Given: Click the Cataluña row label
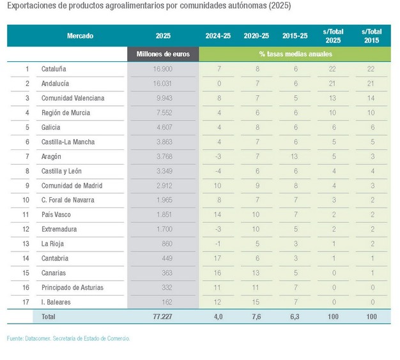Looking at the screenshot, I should click(x=54, y=69).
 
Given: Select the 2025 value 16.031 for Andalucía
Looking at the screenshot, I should click(x=163, y=84).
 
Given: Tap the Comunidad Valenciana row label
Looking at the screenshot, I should click(x=72, y=98).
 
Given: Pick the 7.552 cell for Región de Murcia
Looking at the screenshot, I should click(x=163, y=113).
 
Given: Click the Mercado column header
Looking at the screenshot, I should click(x=80, y=36).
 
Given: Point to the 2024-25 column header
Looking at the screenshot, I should click(x=218, y=36).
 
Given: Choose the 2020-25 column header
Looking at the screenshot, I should click(x=256, y=36).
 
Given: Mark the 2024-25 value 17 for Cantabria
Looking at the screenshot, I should click(x=218, y=259).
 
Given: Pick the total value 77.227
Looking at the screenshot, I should click(x=163, y=317).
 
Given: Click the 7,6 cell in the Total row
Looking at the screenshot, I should click(x=256, y=317).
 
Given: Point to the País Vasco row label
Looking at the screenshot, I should click(x=56, y=215).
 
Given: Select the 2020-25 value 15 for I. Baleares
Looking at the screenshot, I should click(x=256, y=302).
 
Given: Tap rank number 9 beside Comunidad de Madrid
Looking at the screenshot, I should click(x=27, y=186).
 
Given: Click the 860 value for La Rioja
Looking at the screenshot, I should click(x=163, y=244).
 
